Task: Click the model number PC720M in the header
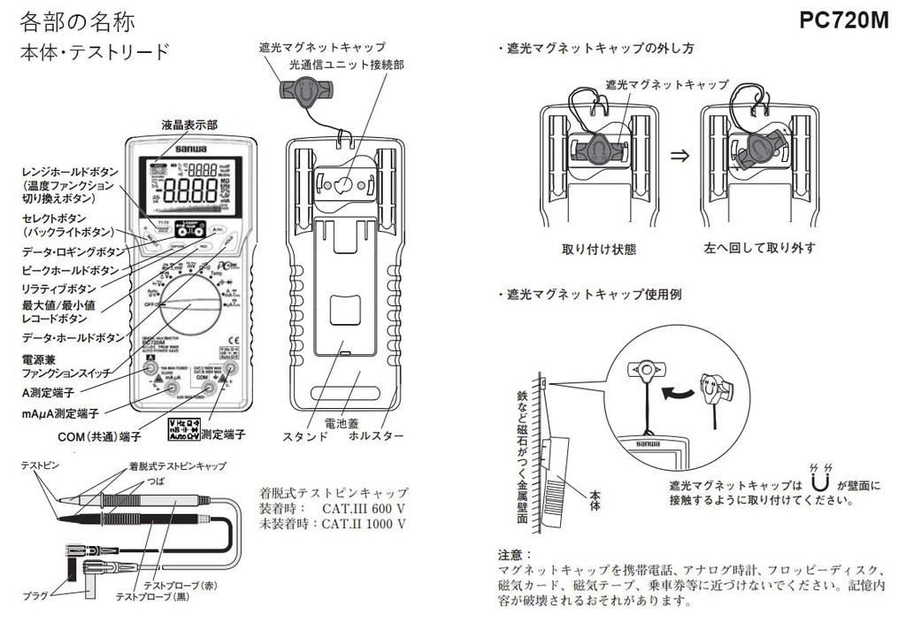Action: point(843,20)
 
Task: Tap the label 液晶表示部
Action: point(188,126)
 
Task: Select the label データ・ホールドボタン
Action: point(73,338)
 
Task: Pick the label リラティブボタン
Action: point(59,288)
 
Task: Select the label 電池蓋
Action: point(341,423)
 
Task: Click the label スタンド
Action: point(305,436)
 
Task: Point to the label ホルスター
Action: point(376,436)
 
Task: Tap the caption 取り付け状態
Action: point(599,249)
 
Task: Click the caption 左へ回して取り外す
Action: point(760,249)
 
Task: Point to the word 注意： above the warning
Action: point(516,555)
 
